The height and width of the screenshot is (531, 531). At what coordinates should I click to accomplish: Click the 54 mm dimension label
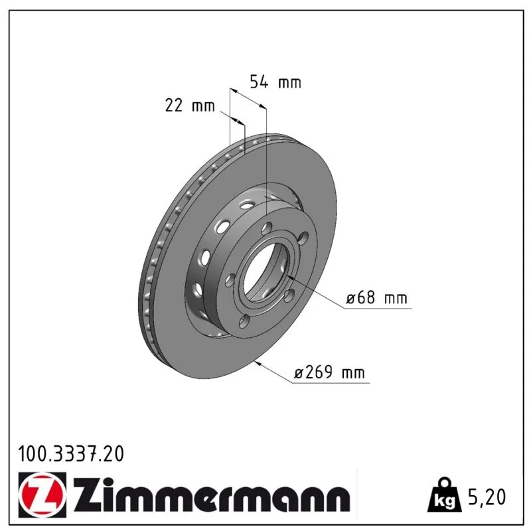click(x=275, y=82)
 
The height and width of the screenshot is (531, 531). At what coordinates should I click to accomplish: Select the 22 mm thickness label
click(x=190, y=106)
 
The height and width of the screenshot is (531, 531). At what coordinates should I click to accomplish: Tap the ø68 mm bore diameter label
click(x=376, y=297)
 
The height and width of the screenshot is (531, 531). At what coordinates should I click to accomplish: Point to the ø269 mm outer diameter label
click(x=329, y=372)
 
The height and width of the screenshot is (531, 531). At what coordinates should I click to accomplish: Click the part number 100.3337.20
click(x=71, y=454)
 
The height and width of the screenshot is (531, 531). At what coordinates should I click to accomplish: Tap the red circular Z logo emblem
click(x=41, y=495)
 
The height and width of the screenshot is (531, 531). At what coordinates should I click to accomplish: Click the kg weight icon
click(x=444, y=495)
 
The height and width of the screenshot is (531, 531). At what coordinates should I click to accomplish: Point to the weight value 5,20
click(x=487, y=497)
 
